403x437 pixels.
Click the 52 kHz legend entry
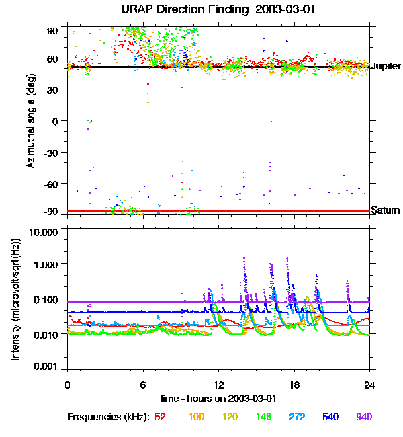tap(160, 417)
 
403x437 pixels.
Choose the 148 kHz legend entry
tap(263, 417)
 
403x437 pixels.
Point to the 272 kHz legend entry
tap(296, 417)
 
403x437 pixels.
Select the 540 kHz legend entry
tap(330, 417)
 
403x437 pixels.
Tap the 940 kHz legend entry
tap(363, 417)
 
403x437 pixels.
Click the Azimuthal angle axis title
tap(31, 121)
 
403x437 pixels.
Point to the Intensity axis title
tap(15, 298)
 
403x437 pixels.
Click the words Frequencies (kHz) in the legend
tap(108, 417)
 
